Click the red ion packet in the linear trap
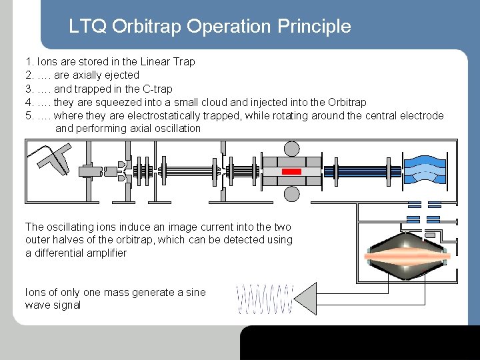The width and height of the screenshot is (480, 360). click(x=291, y=171)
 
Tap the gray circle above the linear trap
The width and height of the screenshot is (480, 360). click(x=291, y=149)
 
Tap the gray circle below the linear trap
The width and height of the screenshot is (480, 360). click(x=291, y=194)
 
